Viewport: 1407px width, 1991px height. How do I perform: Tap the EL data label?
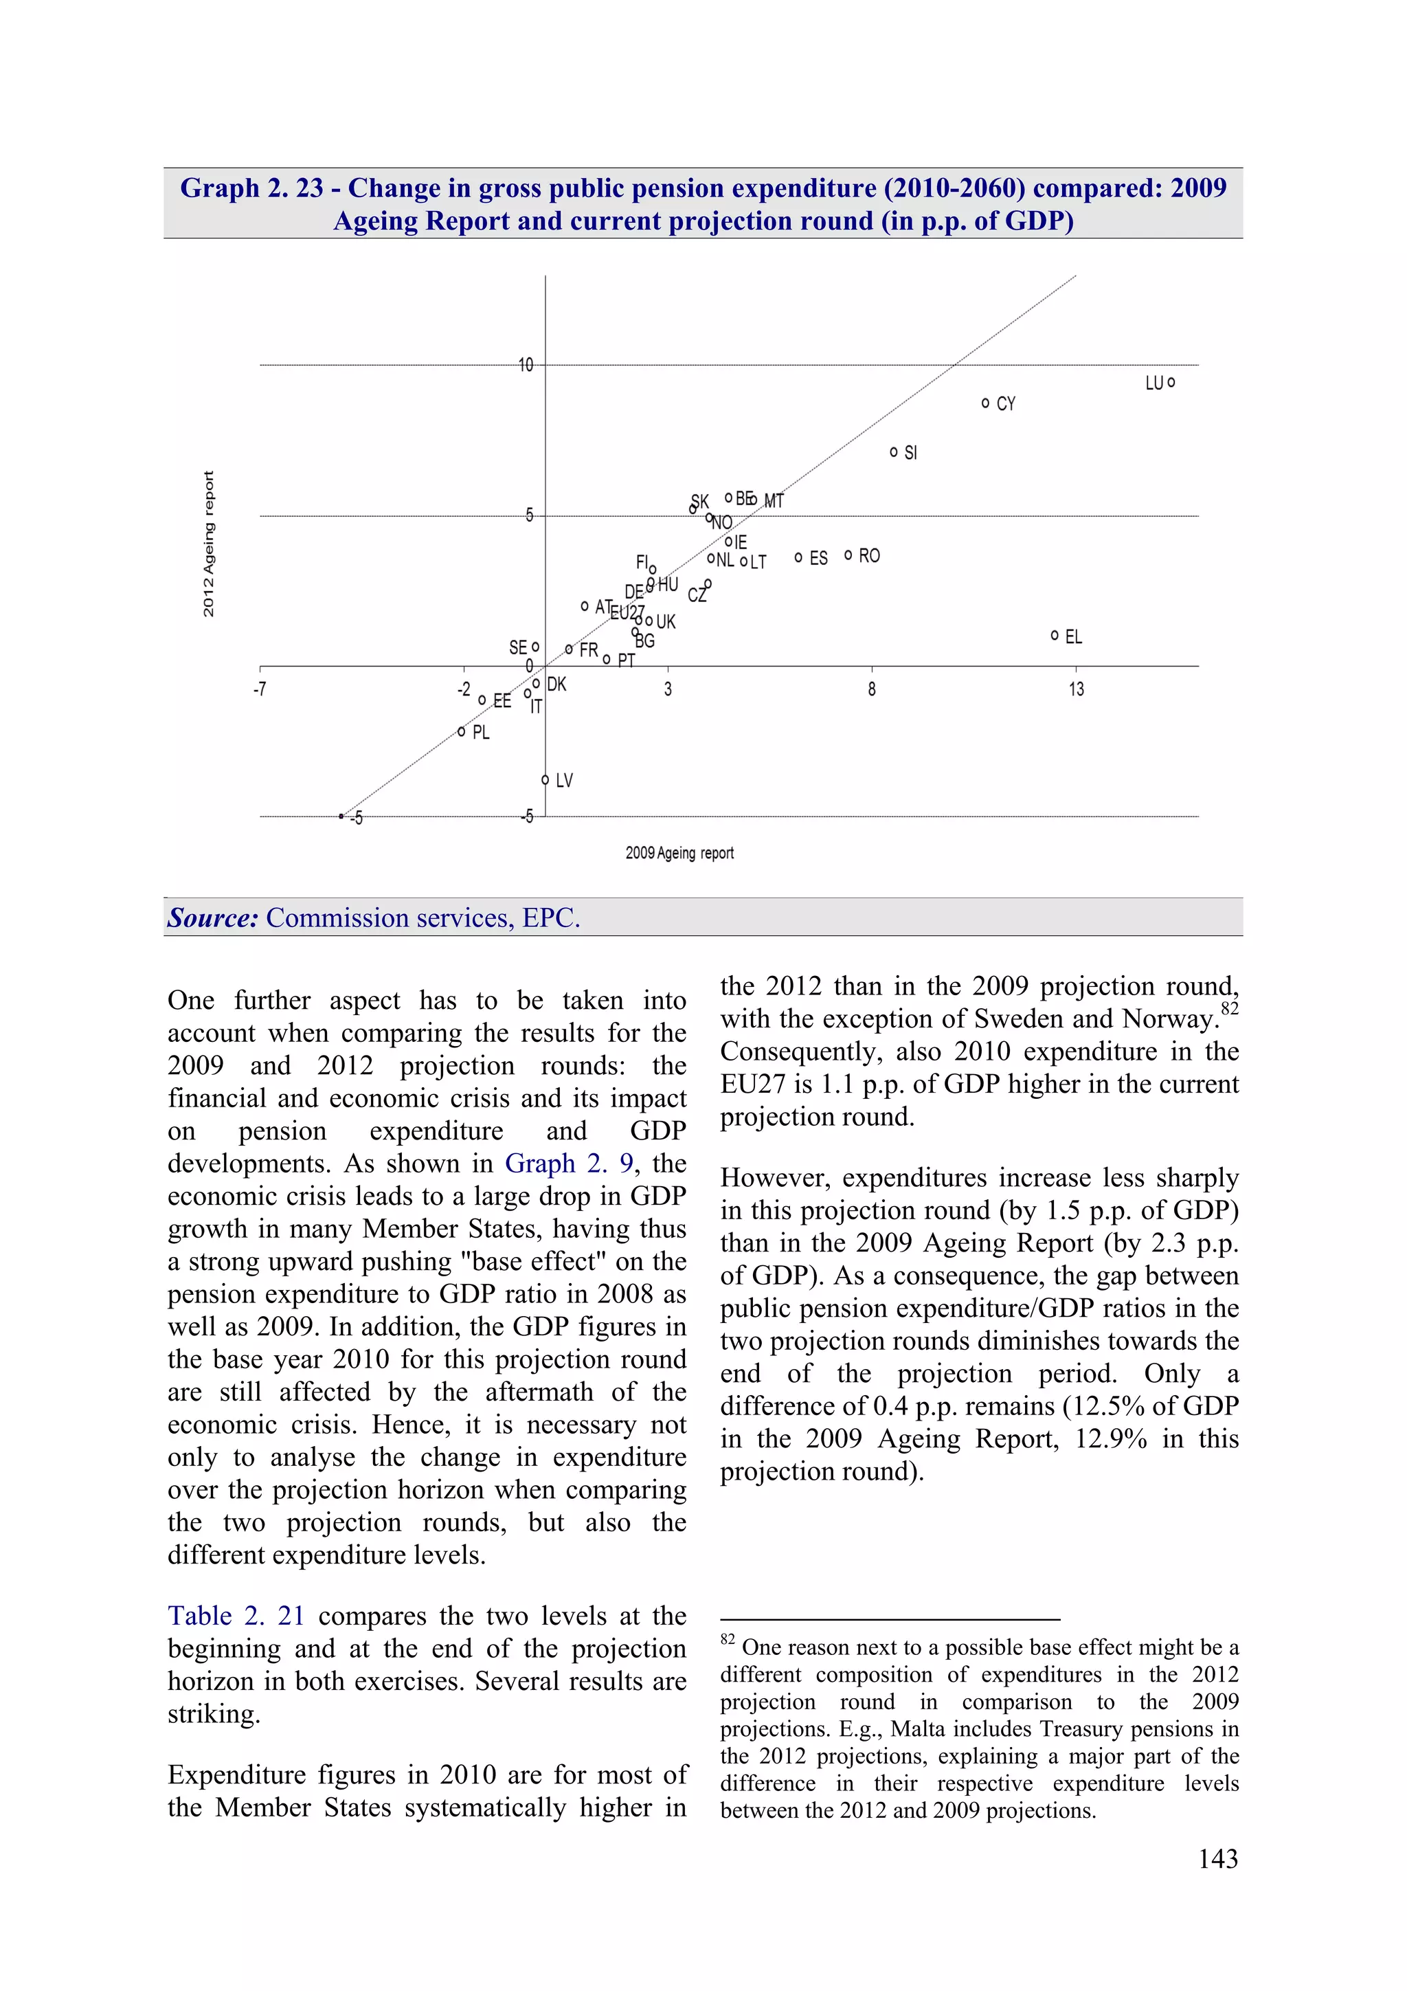[1073, 637]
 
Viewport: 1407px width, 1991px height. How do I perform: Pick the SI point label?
[910, 454]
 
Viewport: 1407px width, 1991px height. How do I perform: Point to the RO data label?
[868, 556]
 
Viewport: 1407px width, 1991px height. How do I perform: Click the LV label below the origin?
[563, 781]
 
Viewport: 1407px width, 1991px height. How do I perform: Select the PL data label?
[481, 733]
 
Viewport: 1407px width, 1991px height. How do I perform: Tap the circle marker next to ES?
[798, 557]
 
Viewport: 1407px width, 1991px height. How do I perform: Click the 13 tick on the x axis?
[1076, 689]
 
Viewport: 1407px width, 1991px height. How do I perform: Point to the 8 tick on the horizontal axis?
[871, 689]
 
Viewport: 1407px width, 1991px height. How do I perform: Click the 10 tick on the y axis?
[526, 365]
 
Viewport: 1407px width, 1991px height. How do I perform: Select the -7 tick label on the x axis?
[259, 689]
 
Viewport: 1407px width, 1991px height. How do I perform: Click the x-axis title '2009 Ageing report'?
[679, 854]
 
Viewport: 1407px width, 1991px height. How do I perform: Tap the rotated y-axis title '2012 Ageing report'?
[208, 544]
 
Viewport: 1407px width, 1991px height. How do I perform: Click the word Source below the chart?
[212, 917]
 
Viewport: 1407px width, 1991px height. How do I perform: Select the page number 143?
[1217, 1859]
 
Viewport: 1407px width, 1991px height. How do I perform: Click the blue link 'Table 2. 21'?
[236, 1616]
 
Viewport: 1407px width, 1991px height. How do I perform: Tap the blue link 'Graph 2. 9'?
[569, 1163]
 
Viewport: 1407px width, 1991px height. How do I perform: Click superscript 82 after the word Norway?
[1229, 1008]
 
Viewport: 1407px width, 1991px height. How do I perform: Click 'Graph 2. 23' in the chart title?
[251, 188]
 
